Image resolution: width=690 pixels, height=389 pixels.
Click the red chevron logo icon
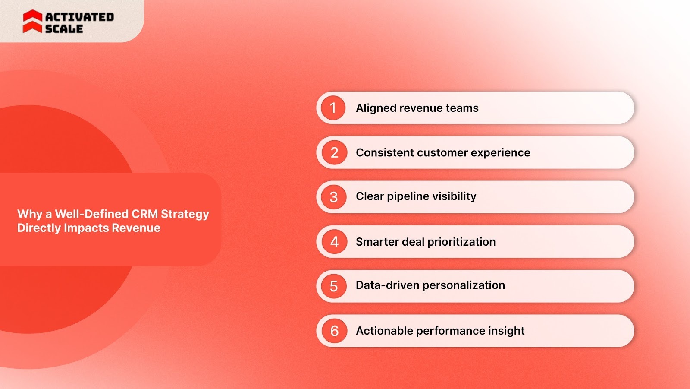(32, 22)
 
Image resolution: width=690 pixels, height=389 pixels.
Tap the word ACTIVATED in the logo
(79, 17)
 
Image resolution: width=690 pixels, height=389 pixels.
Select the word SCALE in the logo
(64, 29)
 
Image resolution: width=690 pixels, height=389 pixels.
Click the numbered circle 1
(333, 108)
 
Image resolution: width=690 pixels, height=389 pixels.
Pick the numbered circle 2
(334, 152)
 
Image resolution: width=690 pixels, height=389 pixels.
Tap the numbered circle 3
(334, 197)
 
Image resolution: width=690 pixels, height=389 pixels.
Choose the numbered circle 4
(334, 242)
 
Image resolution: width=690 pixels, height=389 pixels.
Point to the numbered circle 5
(334, 286)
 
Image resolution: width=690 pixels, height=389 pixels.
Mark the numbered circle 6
(334, 331)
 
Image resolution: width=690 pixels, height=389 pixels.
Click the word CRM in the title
(144, 214)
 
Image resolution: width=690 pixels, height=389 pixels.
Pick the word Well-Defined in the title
(91, 214)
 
